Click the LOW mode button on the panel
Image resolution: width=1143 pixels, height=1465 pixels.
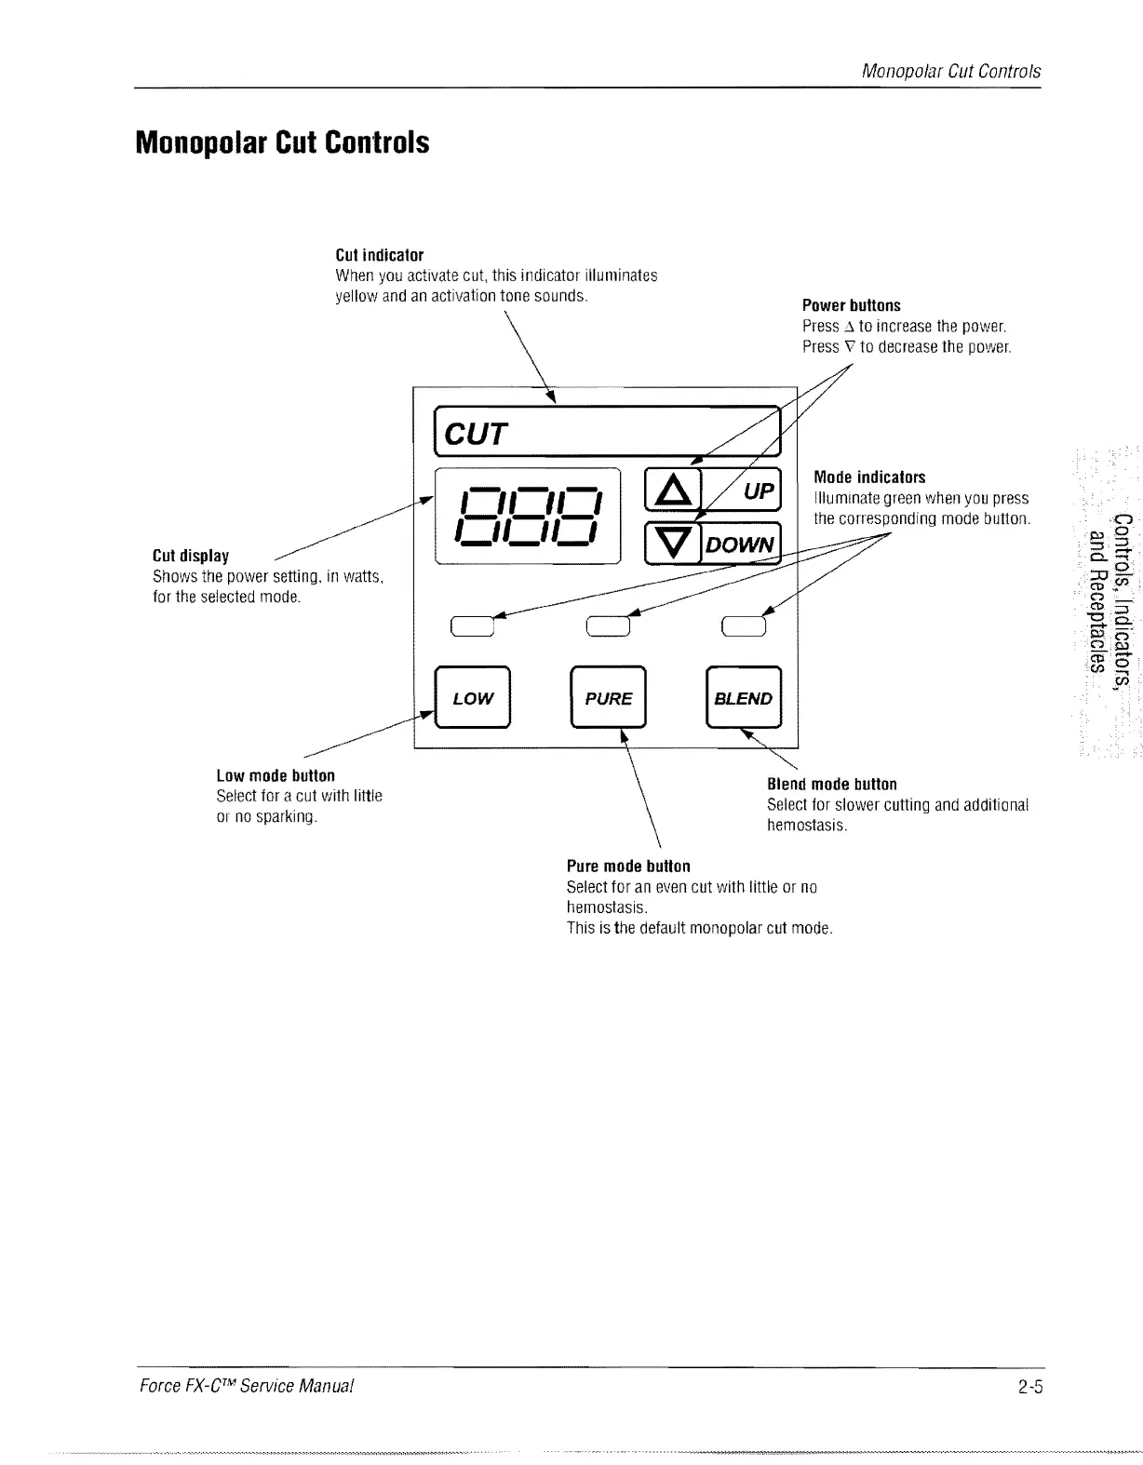(x=473, y=698)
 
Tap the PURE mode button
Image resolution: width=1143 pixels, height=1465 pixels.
(x=608, y=698)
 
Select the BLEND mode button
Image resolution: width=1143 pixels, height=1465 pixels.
(x=744, y=698)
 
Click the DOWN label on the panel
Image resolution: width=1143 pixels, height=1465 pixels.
(x=740, y=544)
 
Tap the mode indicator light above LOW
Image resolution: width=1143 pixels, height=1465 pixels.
(x=472, y=625)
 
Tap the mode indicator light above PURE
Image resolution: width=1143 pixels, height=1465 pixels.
(x=609, y=625)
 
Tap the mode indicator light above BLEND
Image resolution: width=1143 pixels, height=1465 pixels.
(x=744, y=625)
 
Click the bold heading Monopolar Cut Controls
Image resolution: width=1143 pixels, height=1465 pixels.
(x=283, y=142)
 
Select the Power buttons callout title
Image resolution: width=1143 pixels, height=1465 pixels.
(x=851, y=305)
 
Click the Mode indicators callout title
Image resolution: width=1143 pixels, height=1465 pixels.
(x=869, y=477)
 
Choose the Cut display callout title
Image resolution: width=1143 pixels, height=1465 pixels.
(x=191, y=556)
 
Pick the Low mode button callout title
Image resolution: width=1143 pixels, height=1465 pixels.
(x=276, y=775)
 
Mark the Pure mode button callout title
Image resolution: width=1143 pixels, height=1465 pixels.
(x=628, y=866)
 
